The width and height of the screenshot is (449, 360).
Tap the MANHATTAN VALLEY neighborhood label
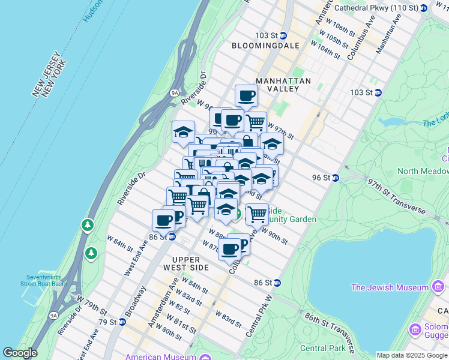coord(283,85)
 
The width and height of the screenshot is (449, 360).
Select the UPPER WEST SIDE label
coord(182,263)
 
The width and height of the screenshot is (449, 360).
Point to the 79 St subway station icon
coord(122,322)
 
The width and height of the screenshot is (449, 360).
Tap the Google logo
coord(20,353)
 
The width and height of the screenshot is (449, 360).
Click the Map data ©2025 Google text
coord(412,355)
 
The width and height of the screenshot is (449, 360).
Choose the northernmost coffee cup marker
coord(246,95)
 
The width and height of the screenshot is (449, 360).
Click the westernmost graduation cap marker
coord(183,132)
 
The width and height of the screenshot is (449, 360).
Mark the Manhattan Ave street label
coord(389,37)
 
